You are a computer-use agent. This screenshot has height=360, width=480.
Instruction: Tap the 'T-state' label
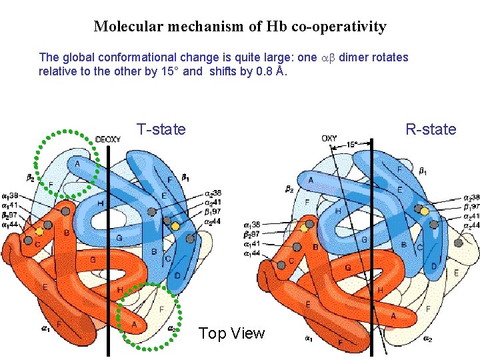pos(161,129)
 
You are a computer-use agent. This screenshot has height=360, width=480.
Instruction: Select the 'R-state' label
pos(431,129)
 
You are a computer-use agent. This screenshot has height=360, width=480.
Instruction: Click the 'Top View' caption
pos(231,333)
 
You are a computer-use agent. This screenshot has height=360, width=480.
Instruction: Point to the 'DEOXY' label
pos(108,139)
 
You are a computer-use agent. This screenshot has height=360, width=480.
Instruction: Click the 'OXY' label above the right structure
pos(329,139)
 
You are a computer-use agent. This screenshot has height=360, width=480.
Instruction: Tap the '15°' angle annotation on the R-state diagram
pos(353,144)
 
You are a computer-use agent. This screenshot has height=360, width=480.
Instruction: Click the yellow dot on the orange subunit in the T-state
pos(39,231)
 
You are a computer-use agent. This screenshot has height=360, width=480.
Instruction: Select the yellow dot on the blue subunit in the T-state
pos(175,226)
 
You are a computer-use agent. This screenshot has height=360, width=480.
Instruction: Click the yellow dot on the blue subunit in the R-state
pos(424,211)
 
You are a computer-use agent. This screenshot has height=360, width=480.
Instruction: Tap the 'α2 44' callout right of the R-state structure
pos(471,227)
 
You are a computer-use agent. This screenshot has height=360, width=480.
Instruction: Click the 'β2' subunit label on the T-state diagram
pos(31,178)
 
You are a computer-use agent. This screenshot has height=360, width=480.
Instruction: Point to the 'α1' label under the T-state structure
pos(45,328)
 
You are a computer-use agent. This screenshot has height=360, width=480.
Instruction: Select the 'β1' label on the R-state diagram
pos(423,172)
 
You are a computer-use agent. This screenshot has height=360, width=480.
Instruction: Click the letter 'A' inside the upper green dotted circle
pos(77,163)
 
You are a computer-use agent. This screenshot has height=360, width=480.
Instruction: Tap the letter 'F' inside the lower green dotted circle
pos(162,309)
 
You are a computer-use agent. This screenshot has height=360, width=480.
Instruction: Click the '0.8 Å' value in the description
pos(271,71)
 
